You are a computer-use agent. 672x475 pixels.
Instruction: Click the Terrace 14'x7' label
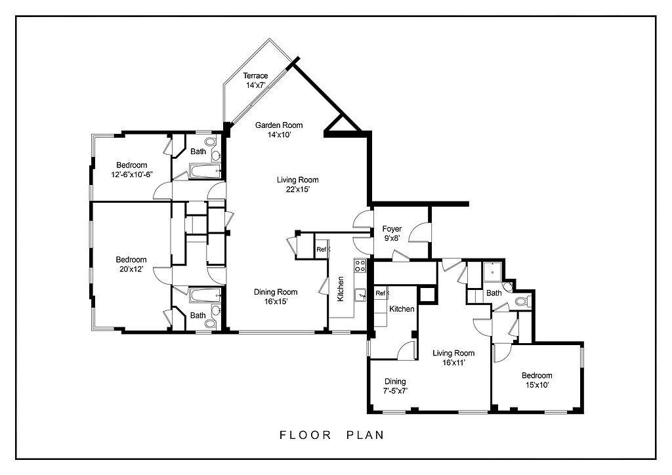[255, 80]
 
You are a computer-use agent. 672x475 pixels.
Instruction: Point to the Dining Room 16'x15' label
[276, 297]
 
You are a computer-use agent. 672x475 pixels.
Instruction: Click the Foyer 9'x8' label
[392, 234]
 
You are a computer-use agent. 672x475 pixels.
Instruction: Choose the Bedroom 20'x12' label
[131, 264]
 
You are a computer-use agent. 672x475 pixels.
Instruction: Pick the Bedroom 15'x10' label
[537, 381]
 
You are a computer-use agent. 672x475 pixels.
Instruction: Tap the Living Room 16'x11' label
[453, 358]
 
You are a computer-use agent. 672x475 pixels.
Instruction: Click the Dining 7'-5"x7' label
[395, 386]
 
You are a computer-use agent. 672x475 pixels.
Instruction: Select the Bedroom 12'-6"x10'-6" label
[131, 169]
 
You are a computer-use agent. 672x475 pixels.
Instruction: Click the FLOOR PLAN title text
[331, 435]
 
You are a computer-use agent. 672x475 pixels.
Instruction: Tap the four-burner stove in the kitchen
[360, 266]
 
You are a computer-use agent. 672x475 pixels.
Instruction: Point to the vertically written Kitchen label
[341, 289]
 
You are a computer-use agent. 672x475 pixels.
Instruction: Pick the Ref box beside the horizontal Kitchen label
[381, 293]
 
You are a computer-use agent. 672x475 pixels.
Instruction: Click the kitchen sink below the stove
[361, 295]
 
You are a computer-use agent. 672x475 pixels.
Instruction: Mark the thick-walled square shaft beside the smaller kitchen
[427, 295]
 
